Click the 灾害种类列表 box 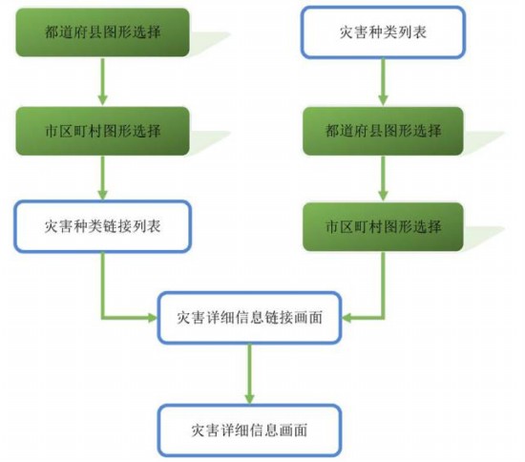(x=383, y=32)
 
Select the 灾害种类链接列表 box (x=102, y=226)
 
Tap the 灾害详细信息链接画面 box (x=249, y=317)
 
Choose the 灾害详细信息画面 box (x=249, y=430)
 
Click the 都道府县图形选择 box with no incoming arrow (x=102, y=32)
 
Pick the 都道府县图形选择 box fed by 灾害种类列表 (x=383, y=131)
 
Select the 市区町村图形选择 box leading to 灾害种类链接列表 (x=102, y=131)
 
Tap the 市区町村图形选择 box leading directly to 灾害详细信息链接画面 (x=383, y=226)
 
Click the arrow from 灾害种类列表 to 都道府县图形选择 (x=383, y=82)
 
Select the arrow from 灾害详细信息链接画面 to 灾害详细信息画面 (x=249, y=374)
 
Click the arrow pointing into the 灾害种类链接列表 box (x=102, y=178)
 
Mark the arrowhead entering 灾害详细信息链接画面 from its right (x=346, y=317)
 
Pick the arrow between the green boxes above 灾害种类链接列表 (x=102, y=82)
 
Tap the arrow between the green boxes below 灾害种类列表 (x=383, y=178)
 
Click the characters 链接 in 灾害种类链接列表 (x=116, y=226)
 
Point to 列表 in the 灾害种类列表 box (x=412, y=32)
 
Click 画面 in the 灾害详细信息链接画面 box (x=308, y=317)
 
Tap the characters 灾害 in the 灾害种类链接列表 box (x=58, y=226)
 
